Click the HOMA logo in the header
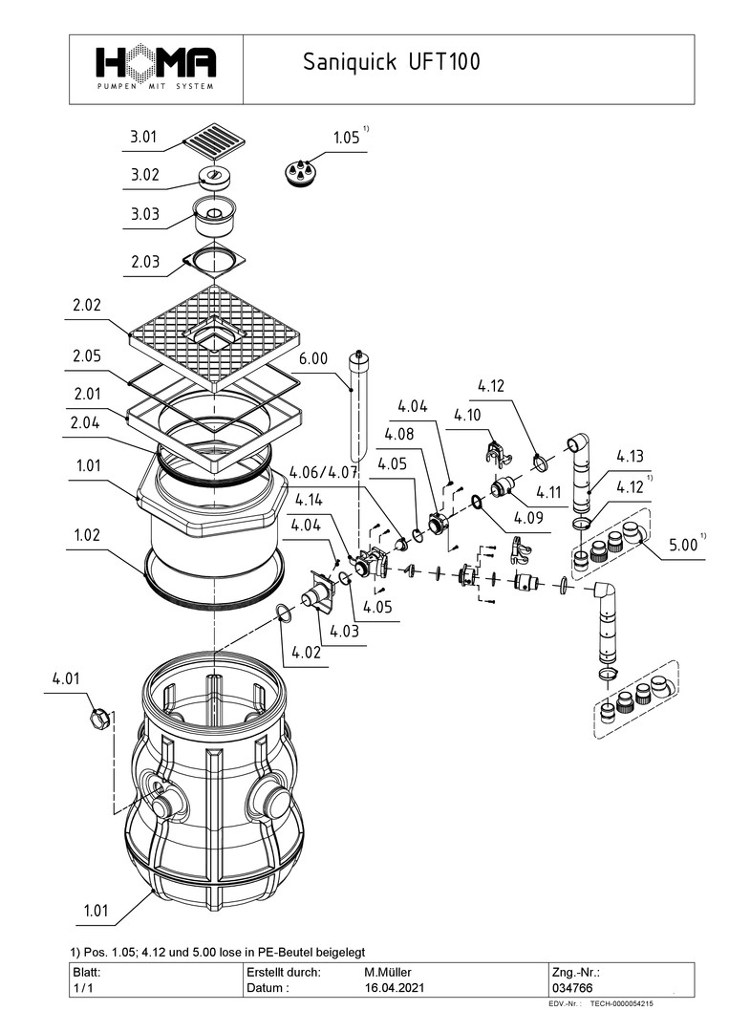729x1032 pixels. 155,66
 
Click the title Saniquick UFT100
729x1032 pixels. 391,63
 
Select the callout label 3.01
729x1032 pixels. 144,138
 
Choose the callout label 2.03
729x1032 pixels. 144,262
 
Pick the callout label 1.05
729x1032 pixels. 347,138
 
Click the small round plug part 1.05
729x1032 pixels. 300,173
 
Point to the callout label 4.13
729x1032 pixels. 631,455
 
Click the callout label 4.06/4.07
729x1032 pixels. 324,472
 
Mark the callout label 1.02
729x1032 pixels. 85,536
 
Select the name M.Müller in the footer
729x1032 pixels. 388,971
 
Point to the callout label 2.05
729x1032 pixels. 85,356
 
